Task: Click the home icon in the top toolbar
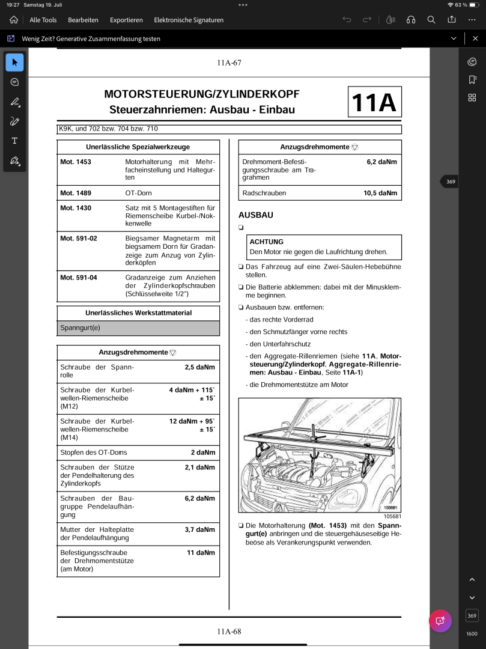pyautogui.click(x=14, y=20)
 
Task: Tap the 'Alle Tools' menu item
pyautogui.click(x=43, y=20)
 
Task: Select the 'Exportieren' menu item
pyautogui.click(x=126, y=20)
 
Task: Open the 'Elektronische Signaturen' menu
pyautogui.click(x=189, y=20)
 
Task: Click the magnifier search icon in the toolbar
pyautogui.click(x=431, y=20)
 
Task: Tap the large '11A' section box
pyautogui.click(x=374, y=102)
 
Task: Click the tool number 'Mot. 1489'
pyautogui.click(x=76, y=193)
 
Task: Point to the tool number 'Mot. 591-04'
pyautogui.click(x=79, y=278)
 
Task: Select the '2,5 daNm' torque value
pyautogui.click(x=199, y=367)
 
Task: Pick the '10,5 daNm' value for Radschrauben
pyautogui.click(x=380, y=193)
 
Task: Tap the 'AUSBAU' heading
pyautogui.click(x=256, y=215)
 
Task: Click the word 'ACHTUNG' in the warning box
pyautogui.click(x=266, y=242)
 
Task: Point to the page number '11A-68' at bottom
pyautogui.click(x=229, y=631)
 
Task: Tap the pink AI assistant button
pyautogui.click(x=440, y=621)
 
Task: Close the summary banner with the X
pyautogui.click(x=472, y=38)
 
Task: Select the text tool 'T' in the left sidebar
pyautogui.click(x=14, y=141)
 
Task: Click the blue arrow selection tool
pyautogui.click(x=14, y=62)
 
